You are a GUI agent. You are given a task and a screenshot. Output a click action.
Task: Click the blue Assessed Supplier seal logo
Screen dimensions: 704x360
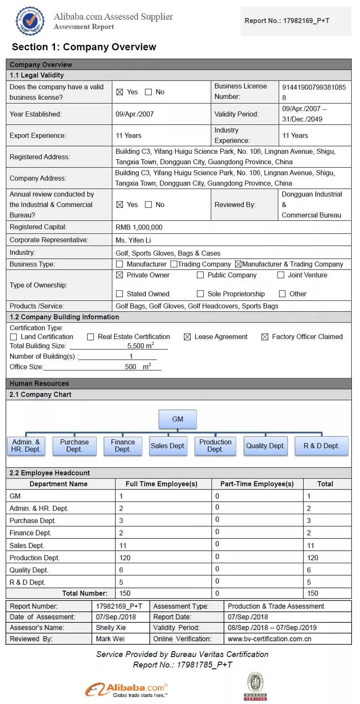point(30,21)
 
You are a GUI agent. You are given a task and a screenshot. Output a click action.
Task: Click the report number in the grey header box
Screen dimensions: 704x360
point(287,21)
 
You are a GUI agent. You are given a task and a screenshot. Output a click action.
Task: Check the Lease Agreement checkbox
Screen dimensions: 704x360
point(187,337)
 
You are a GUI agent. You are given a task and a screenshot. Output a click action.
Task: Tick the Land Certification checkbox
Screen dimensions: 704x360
point(13,337)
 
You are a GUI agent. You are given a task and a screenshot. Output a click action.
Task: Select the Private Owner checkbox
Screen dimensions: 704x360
point(119,275)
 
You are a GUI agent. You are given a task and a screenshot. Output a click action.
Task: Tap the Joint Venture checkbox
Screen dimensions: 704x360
point(281,275)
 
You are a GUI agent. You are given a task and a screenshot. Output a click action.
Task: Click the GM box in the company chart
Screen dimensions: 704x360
point(178,419)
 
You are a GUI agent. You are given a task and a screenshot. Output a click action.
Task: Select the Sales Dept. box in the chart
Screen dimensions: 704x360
point(168,446)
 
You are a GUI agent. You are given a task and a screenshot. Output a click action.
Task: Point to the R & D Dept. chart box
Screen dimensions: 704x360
point(321,446)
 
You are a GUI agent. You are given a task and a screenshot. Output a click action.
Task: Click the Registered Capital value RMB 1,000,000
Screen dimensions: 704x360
point(139,227)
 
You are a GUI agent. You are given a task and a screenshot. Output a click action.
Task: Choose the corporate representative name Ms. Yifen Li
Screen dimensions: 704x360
point(133,240)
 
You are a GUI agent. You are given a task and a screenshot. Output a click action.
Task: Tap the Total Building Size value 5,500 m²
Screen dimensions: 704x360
point(140,346)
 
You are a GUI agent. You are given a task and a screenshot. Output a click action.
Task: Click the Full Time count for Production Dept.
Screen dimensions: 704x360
point(125,558)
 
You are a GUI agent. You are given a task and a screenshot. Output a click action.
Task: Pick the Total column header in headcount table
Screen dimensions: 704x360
point(325,484)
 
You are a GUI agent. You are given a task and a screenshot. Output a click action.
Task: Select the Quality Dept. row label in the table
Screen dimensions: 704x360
point(29,570)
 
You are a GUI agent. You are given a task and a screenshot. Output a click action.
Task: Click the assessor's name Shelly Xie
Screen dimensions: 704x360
point(111,628)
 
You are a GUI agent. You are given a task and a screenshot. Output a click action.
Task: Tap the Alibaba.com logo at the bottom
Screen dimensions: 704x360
point(127,690)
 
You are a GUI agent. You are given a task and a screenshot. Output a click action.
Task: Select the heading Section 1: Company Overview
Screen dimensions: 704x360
point(84,47)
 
